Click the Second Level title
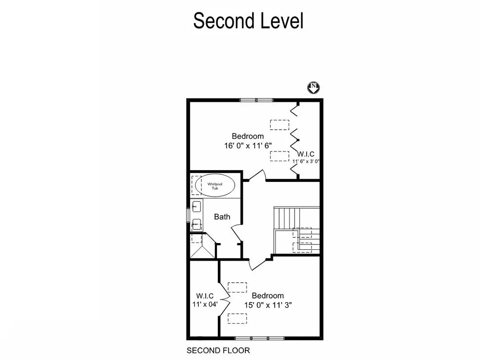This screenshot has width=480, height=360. point(248,21)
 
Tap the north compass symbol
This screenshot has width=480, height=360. point(314,88)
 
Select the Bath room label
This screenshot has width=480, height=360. point(222,217)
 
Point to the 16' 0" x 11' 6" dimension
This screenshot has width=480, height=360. point(248,145)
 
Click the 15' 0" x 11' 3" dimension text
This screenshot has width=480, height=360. point(268,305)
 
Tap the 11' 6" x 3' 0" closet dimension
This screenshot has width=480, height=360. point(306,161)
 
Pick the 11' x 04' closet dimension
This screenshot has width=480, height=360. point(204,304)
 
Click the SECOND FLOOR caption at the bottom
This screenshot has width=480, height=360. point(218,351)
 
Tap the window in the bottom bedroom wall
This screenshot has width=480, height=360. point(260,339)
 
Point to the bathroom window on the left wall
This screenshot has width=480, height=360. point(188,215)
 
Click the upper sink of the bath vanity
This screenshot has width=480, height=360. point(196,206)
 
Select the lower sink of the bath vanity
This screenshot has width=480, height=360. point(196,224)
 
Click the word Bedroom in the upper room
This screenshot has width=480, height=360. point(248,136)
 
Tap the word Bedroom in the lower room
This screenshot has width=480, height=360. point(268,296)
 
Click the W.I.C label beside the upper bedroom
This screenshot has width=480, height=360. point(306,154)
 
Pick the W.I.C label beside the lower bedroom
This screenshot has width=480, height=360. point(205,296)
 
